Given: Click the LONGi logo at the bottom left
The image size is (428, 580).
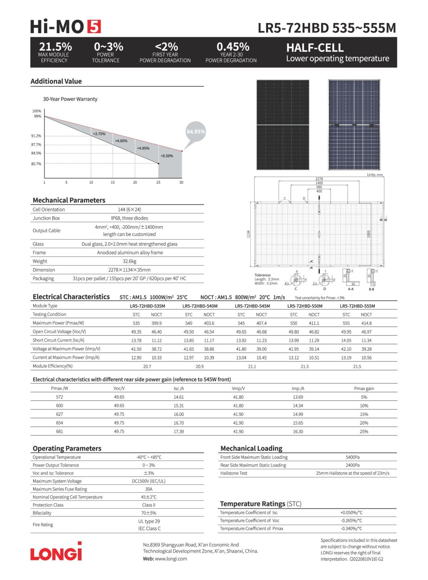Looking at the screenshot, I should (56, 551).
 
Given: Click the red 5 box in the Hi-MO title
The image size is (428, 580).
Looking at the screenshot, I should (94, 27).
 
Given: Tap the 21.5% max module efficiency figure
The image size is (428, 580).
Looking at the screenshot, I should (55, 47).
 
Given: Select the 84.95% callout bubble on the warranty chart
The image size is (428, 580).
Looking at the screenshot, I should (195, 132).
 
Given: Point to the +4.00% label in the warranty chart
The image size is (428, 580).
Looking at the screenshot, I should (121, 141).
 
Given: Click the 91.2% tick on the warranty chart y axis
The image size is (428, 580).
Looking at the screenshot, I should (36, 136).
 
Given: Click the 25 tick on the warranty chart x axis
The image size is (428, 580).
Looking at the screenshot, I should (158, 182).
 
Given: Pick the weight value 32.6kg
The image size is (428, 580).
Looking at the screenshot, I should (130, 261).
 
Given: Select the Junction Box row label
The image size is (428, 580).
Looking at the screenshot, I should (46, 218).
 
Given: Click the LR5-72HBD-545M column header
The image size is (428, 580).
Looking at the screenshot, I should (252, 306).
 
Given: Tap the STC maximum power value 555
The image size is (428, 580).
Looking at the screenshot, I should (346, 323).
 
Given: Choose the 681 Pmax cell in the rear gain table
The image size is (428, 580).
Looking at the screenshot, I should (59, 432).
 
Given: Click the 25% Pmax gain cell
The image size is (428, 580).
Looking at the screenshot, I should (364, 432).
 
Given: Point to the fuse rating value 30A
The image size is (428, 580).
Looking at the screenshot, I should (149, 489).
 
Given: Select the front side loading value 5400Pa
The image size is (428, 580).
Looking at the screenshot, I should (352, 457).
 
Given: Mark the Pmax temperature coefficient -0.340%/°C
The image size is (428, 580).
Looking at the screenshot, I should (351, 529).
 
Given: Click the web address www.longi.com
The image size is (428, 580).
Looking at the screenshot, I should (171, 559).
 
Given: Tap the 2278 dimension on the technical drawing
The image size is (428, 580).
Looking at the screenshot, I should (319, 179).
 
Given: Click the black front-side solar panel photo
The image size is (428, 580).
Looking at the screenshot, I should (283, 125).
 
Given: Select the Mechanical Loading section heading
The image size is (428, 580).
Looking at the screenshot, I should (251, 449).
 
